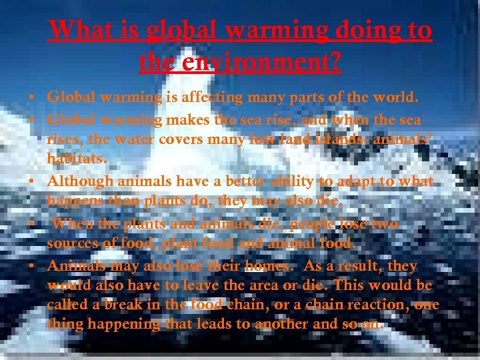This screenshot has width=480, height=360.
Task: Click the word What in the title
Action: (79, 30)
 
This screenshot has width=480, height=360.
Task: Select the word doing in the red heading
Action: (354, 30)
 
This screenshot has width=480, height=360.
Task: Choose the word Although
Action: (80, 182)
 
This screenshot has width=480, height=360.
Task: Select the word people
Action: (305, 224)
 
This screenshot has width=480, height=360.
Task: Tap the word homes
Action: (267, 266)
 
